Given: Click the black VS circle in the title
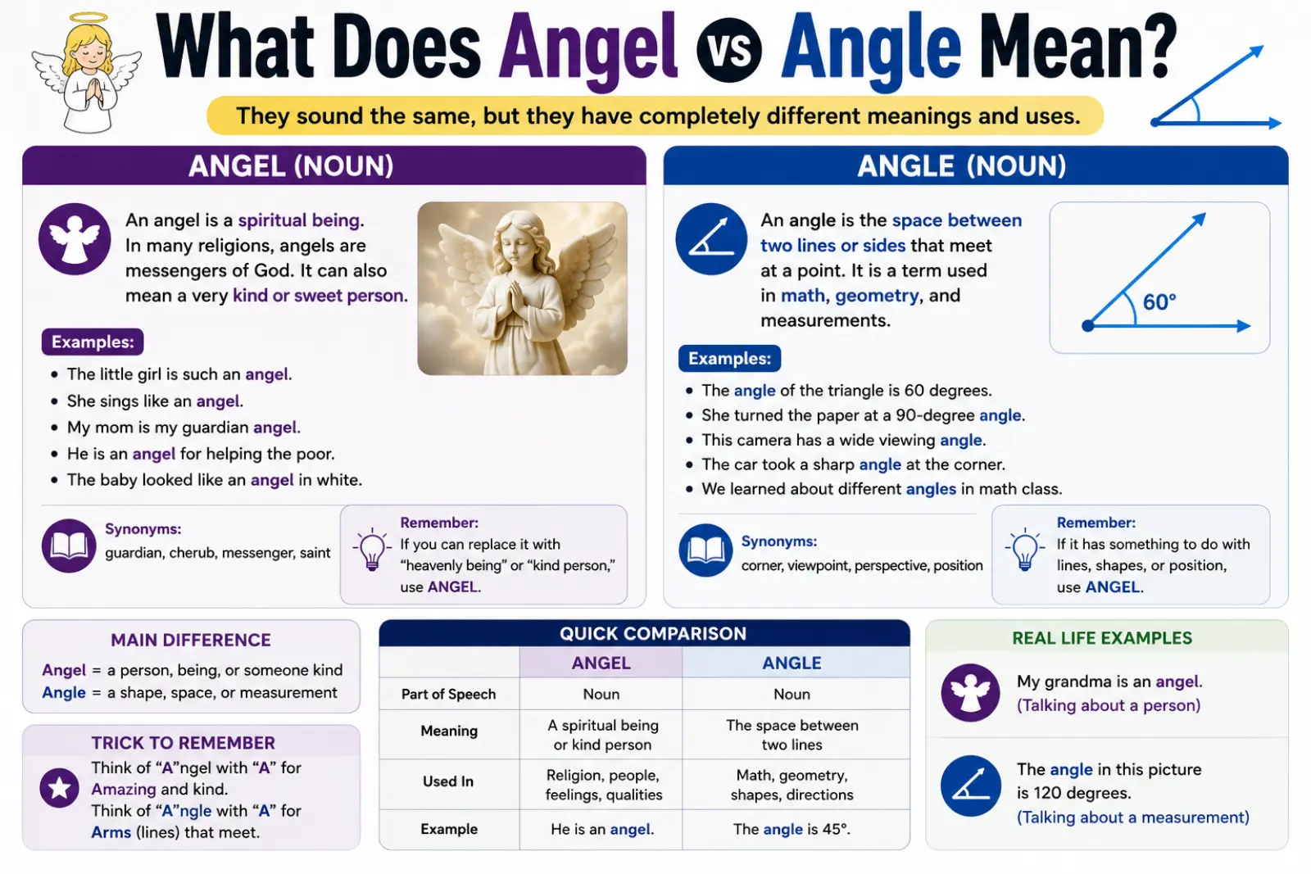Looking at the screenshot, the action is click(x=728, y=50).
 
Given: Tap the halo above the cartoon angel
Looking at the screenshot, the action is click(x=88, y=17).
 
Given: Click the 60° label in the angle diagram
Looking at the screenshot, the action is click(x=1159, y=302).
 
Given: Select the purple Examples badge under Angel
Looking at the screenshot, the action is click(x=93, y=342).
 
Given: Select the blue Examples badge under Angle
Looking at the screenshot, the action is click(x=729, y=358).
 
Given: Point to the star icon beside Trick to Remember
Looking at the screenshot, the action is click(x=59, y=788).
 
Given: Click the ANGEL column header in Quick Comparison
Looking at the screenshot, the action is click(x=601, y=663).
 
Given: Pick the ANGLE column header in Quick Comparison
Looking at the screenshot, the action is click(x=792, y=663).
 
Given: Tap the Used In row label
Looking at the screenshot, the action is click(x=447, y=781).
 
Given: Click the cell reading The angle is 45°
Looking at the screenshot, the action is click(x=791, y=829).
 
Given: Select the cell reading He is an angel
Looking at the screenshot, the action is click(x=602, y=829).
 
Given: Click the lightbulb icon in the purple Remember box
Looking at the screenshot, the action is click(x=372, y=549).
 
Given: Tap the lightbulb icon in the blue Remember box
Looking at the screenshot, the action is click(x=1025, y=549).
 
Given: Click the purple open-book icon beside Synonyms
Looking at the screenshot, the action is click(x=69, y=546).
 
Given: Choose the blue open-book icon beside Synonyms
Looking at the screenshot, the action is click(x=705, y=550).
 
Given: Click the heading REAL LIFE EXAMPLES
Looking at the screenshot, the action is click(x=1102, y=638).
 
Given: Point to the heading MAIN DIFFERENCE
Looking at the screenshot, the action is click(x=191, y=640).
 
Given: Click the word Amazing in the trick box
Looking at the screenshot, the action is click(x=124, y=789).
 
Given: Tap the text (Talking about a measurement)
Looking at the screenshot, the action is click(x=1132, y=817).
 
